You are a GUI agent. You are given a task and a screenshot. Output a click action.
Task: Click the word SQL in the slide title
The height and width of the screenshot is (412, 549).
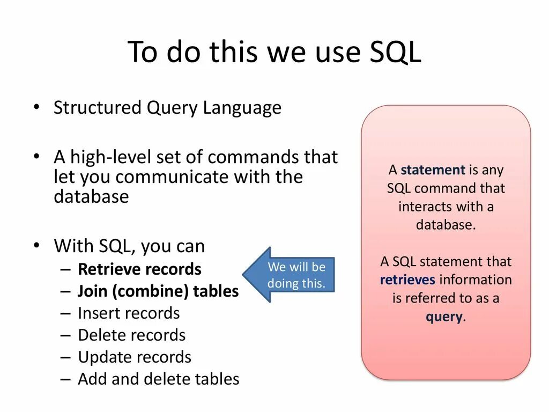[x=396, y=53]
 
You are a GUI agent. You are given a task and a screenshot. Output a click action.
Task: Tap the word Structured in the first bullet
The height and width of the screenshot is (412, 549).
[x=98, y=108]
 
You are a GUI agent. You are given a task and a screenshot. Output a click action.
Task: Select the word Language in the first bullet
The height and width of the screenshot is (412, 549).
[x=242, y=108]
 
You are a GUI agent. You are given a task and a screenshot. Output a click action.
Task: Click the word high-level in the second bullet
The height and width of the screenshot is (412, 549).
[x=109, y=157]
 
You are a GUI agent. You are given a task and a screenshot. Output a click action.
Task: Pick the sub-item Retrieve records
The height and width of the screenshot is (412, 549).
[x=139, y=269]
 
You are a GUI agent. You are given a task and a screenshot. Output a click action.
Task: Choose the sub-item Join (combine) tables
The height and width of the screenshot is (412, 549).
[x=158, y=291]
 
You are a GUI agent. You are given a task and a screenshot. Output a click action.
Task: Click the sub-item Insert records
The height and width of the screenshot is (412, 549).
[x=129, y=313]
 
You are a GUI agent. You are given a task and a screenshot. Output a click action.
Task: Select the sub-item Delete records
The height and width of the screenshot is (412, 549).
[x=131, y=335]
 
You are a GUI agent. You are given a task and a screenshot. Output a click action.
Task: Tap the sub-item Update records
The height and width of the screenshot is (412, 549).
[x=135, y=357]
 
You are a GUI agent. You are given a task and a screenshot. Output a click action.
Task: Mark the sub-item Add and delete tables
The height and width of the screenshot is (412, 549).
[x=158, y=379]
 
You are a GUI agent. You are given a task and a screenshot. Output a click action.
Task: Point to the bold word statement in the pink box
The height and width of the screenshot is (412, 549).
[x=433, y=170]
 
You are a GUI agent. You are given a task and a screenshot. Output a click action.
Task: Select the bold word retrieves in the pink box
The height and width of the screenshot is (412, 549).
[x=408, y=279]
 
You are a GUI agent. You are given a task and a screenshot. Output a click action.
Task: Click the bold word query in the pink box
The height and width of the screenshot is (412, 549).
[x=444, y=317]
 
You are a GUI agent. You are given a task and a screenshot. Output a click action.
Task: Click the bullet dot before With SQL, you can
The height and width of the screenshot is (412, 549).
[x=36, y=245]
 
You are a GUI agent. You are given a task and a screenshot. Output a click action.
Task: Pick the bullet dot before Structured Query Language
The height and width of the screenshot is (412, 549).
[x=36, y=107]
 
